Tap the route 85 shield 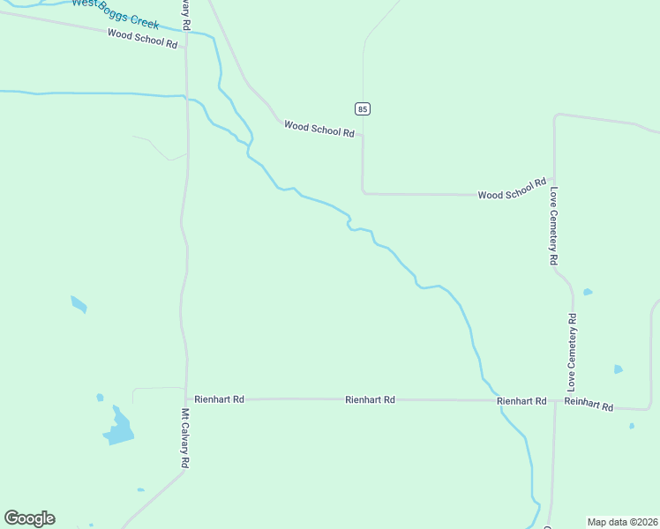(x=363, y=108)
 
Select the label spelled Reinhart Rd (x=589, y=404)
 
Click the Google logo (x=29, y=518)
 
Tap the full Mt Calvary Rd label (x=186, y=438)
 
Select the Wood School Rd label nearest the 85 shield (x=319, y=129)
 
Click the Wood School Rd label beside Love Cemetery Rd (x=512, y=190)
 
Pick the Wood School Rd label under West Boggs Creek (x=142, y=39)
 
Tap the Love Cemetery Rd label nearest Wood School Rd (x=553, y=226)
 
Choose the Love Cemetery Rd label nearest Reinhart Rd (x=572, y=352)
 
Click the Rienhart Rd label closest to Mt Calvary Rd (x=220, y=399)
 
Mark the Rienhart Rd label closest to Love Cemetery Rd (x=521, y=401)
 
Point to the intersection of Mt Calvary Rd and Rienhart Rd (x=186, y=399)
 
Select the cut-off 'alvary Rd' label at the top (x=187, y=15)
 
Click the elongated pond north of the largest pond (x=79, y=304)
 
